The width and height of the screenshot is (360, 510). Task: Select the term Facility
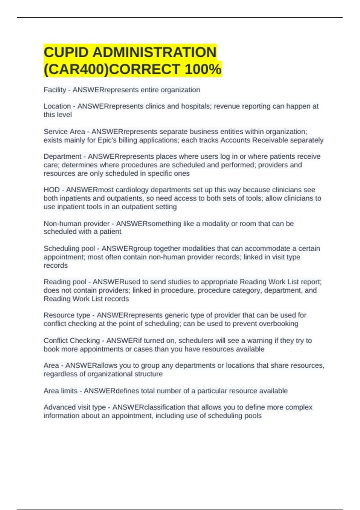pyautogui.click(x=55, y=90)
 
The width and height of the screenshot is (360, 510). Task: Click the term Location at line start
pyautogui.click(x=57, y=106)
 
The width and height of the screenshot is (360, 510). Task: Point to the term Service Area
pyautogui.click(x=64, y=132)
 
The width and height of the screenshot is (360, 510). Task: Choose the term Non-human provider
pyautogui.click(x=76, y=224)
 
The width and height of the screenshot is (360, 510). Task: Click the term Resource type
pyautogui.click(x=67, y=315)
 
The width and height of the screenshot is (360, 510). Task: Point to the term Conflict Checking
pyautogui.click(x=71, y=341)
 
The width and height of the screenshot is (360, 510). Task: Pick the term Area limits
pyautogui.click(x=61, y=391)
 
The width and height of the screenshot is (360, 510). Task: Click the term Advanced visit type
pyautogui.click(x=74, y=407)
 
